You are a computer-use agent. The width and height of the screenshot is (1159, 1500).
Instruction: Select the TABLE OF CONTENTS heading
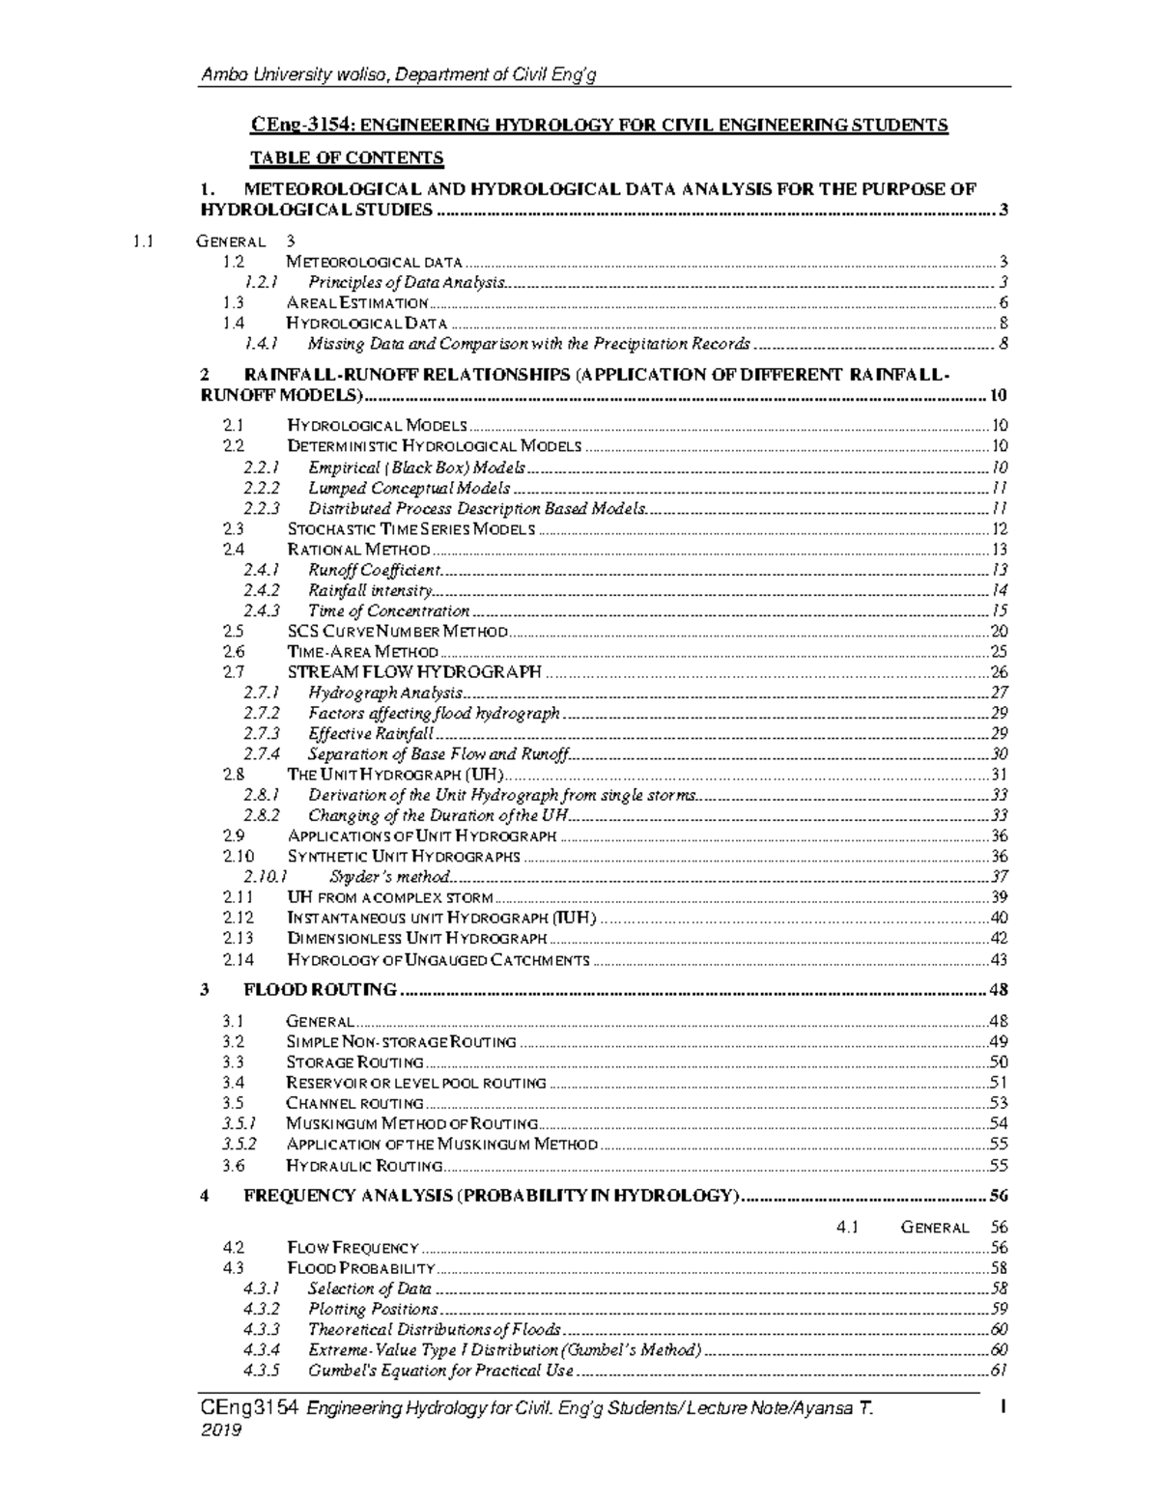click(347, 157)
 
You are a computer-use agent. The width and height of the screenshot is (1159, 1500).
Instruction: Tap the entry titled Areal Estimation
click(357, 303)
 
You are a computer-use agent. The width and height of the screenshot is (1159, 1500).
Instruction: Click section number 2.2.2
click(262, 489)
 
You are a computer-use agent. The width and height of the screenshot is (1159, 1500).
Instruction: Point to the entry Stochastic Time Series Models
click(410, 529)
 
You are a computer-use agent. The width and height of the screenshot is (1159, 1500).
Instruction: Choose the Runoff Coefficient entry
click(374, 570)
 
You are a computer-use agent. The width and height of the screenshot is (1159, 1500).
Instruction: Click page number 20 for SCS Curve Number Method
click(999, 632)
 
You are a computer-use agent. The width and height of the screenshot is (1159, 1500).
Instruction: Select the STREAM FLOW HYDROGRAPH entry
click(414, 672)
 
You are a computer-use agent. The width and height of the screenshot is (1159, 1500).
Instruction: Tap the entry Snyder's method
click(389, 877)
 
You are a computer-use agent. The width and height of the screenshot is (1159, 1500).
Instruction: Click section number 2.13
click(238, 939)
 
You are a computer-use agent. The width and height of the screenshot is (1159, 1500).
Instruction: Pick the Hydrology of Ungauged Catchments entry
click(438, 960)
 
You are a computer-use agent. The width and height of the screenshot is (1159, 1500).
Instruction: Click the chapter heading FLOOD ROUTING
click(320, 990)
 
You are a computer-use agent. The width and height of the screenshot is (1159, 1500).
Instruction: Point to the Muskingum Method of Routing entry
click(411, 1123)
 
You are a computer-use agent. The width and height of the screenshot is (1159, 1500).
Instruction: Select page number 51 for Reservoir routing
click(999, 1083)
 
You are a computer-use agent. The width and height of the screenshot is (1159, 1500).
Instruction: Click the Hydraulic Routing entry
click(364, 1166)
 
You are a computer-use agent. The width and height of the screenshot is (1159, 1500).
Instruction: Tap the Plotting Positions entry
click(373, 1310)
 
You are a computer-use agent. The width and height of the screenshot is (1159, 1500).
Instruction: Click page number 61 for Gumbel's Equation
click(999, 1371)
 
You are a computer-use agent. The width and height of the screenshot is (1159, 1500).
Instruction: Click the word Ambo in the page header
click(217, 75)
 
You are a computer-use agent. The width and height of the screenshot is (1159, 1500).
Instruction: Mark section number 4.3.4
click(262, 1350)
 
